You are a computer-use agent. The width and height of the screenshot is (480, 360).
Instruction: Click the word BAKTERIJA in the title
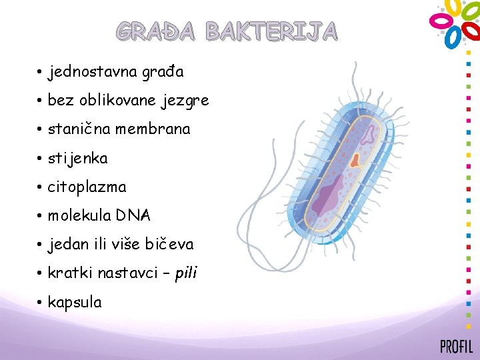click(x=271, y=31)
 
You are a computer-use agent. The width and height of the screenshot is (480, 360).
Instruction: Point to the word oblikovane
click(x=117, y=101)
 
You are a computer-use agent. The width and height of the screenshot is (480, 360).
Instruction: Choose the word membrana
click(x=153, y=129)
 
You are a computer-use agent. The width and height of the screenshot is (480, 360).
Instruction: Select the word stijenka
click(x=77, y=159)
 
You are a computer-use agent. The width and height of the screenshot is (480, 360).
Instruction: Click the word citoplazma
click(x=87, y=187)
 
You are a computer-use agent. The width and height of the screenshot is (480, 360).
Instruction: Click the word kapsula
click(x=75, y=303)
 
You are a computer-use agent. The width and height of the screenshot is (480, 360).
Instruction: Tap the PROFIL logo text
click(x=456, y=347)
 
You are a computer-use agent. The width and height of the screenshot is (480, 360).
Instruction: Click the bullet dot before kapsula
click(x=40, y=303)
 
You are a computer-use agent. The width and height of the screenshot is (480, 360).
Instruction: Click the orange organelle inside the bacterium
click(x=356, y=159)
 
